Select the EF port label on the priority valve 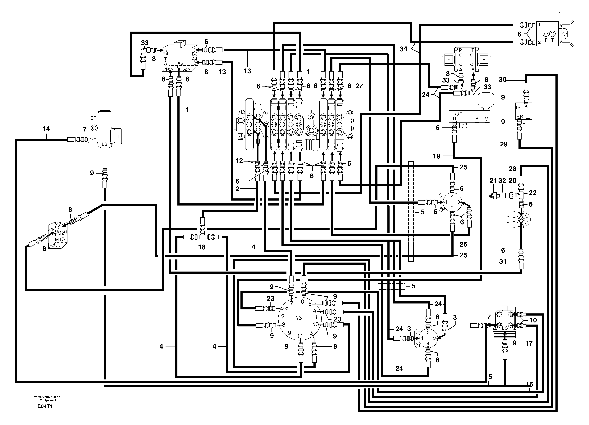[x=93, y=118]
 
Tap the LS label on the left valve [x=104, y=144]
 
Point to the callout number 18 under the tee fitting [x=202, y=247]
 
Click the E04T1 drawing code [x=45, y=406]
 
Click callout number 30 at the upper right [x=503, y=80]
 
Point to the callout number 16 [x=529, y=384]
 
